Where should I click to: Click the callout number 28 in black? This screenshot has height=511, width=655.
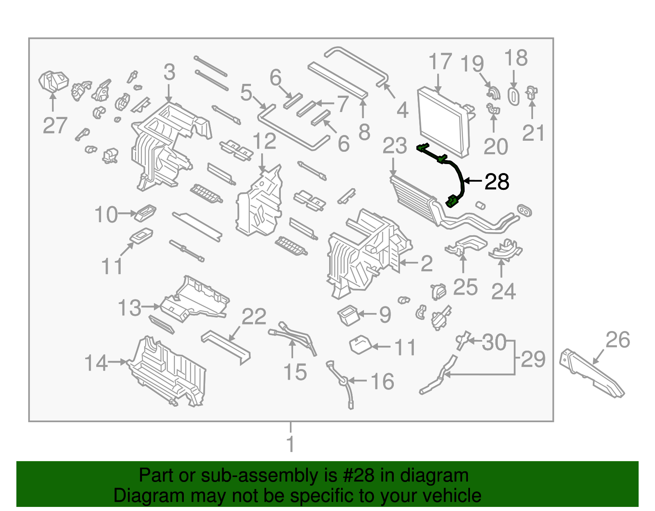coord(497,182)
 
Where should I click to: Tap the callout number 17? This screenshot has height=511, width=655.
coord(440,62)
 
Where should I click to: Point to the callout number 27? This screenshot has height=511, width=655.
coord(55,125)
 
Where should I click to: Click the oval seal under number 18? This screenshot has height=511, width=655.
coord(513,96)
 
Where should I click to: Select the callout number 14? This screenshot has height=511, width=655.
coord(96,363)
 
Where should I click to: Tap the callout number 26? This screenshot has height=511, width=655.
coord(618,340)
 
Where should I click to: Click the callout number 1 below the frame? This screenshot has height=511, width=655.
coord(290,444)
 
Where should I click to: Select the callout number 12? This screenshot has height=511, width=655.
coord(264,142)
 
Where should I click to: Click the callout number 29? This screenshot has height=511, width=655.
coord(533,359)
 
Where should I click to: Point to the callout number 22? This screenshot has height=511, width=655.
coord(254,317)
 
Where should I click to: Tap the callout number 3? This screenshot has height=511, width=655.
coord(169,72)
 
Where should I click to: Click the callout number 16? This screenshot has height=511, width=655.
coord(382,381)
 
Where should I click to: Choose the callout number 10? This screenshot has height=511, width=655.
coord(106,215)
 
